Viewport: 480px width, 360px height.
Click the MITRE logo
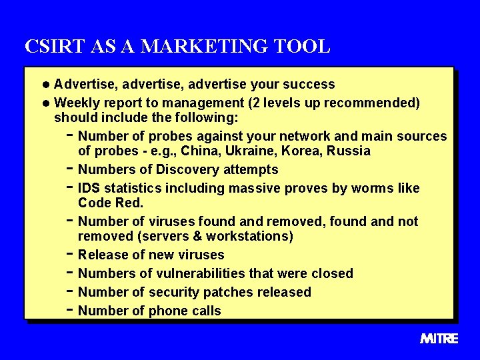[x=439, y=339]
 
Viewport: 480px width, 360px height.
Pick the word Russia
[x=348, y=151]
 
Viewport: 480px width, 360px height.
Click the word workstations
[x=250, y=237]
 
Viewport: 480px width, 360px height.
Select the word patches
[x=218, y=293]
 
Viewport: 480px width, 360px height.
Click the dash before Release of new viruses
[x=70, y=254]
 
